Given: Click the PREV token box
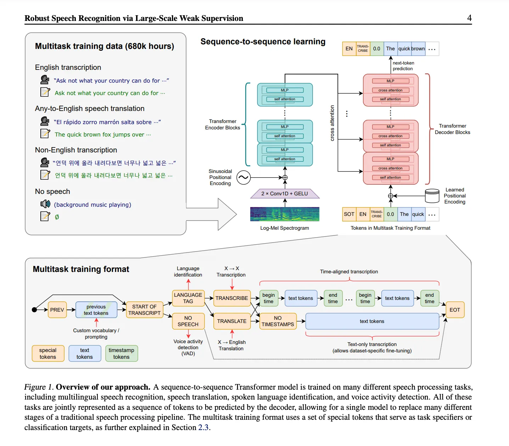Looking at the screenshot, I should tap(57, 310).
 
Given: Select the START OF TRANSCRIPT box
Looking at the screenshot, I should tap(144, 310).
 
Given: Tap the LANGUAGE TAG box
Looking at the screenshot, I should tap(188, 298).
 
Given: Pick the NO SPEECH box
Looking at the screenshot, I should tap(188, 321).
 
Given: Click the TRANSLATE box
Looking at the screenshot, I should tap(232, 321).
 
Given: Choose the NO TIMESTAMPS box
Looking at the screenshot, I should tap(278, 321).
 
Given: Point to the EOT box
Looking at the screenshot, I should tap(455, 310).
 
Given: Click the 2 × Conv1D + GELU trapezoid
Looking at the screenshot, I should tap(285, 194).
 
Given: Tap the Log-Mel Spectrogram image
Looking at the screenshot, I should tap(285, 214).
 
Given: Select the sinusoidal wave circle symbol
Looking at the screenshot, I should tap(244, 178).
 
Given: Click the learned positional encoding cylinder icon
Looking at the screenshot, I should tap(432, 196).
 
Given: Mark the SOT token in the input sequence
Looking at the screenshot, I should tap(349, 214).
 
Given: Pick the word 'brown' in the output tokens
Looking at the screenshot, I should tap(418, 49).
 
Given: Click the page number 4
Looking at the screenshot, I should tap(469, 18).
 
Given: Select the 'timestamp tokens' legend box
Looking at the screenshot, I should tap(121, 353).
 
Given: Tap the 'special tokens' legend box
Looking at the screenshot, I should tap(48, 353).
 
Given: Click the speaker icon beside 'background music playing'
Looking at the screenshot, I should tap(45, 204).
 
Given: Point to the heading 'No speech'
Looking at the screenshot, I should tap(52, 191).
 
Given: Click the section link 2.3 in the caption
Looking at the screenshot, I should tap(203, 427).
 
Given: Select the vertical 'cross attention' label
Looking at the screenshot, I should tap(332, 123).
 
